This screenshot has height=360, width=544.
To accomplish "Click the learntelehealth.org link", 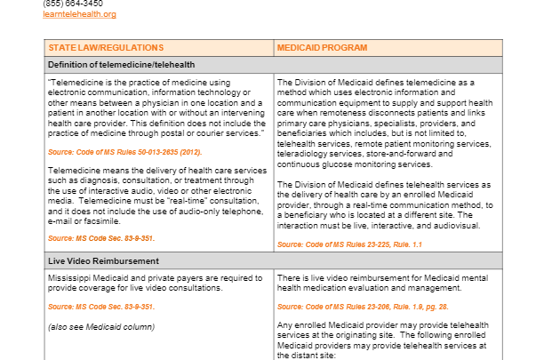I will pos(79,14).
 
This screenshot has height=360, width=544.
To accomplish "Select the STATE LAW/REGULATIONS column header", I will pos(106,47).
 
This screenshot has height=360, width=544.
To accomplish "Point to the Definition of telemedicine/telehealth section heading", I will pos(121,65).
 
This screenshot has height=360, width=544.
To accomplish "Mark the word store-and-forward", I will pos(393,154).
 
